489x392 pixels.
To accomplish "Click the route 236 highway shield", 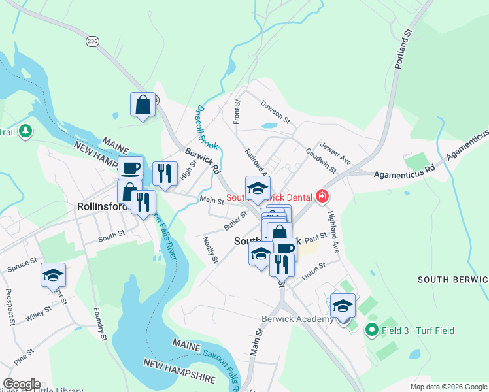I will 92,41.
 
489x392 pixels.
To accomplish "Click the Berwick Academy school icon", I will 343,306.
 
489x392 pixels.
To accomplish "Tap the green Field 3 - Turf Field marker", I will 372,331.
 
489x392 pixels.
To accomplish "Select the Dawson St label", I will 275,110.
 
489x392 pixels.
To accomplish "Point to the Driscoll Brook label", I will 207,127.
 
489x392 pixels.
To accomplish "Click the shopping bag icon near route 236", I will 143,105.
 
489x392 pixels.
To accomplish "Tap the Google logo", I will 22,385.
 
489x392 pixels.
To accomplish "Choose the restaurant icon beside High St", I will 164,173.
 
